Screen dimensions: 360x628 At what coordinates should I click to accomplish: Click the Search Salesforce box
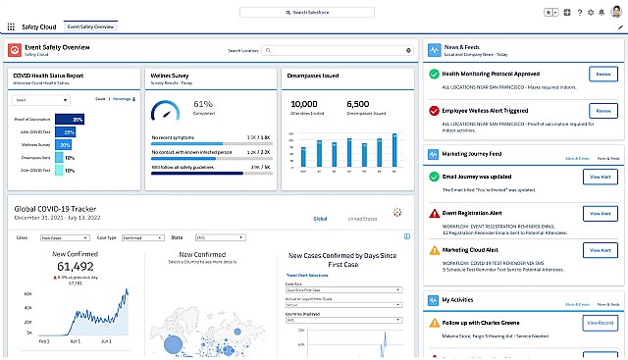[313, 12]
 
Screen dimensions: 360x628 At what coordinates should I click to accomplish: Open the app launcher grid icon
[11, 28]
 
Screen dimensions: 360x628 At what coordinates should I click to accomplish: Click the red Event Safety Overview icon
[15, 50]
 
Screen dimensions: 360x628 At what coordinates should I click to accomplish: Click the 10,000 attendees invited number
[304, 104]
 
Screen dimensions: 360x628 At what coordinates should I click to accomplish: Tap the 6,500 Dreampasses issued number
[357, 104]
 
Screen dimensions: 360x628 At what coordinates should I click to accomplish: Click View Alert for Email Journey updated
[600, 177]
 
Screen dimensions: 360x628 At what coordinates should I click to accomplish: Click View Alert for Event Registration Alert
[600, 213]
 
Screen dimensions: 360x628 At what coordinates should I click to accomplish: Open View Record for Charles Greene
[600, 323]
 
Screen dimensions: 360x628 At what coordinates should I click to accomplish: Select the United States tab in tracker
[362, 219]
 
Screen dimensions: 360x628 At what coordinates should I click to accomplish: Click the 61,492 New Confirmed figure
[75, 266]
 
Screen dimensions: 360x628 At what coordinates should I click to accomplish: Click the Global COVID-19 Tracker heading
[56, 207]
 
